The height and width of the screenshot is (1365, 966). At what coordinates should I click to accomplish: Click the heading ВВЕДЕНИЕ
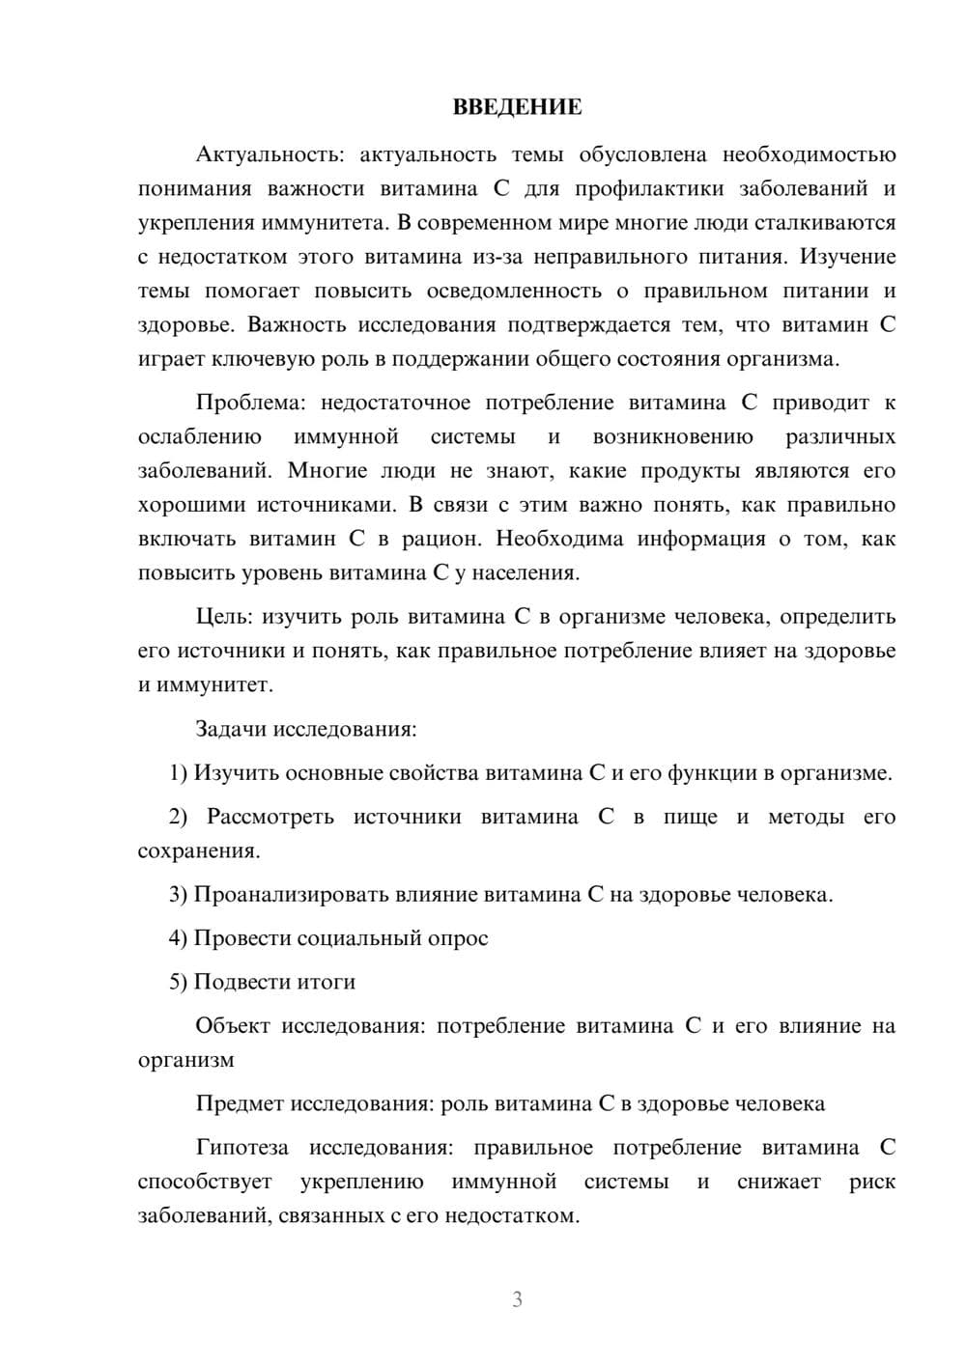517,107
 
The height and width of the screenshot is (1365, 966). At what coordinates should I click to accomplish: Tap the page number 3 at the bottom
517,1299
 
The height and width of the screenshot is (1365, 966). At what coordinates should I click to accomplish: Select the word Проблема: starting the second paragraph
253,403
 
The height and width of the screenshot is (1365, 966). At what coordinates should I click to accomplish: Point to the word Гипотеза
241,1148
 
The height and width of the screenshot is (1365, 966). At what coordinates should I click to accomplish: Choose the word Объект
232,1025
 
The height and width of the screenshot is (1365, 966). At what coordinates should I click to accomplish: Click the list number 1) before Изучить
178,772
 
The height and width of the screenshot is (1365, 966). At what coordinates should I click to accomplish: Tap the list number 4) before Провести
178,938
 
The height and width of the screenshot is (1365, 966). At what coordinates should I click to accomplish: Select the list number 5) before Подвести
178,982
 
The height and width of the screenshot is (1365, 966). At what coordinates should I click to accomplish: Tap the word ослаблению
200,436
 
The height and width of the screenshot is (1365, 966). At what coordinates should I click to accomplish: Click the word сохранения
198,851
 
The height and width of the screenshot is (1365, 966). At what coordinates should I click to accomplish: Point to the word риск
872,1182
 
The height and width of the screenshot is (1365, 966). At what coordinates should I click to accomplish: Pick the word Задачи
230,729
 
